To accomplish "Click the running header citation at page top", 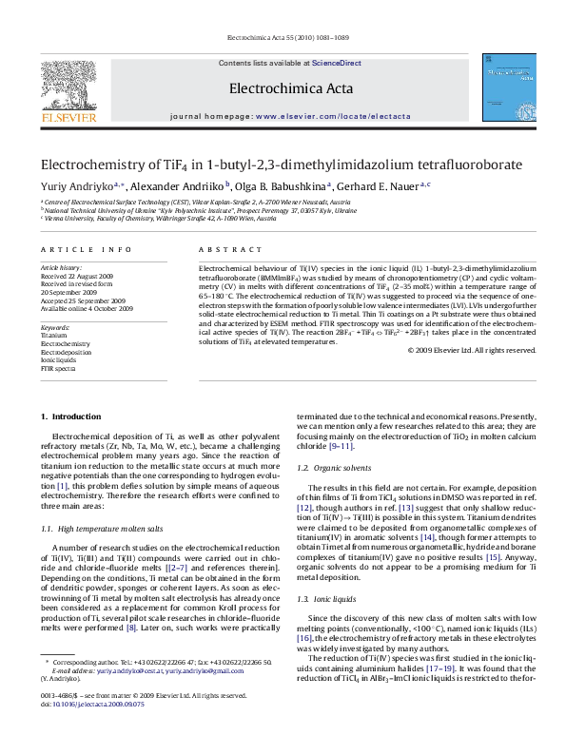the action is pyautogui.click(x=283, y=39).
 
